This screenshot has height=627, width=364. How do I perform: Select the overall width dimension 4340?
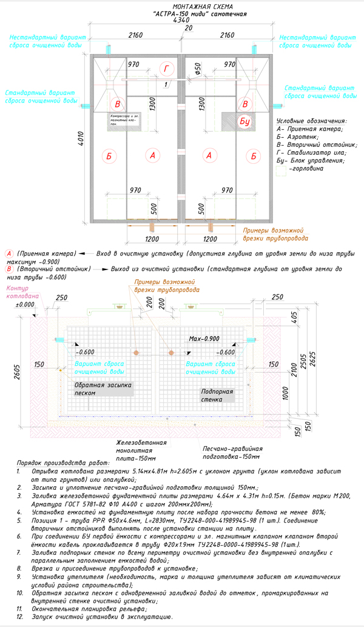pos(181,20)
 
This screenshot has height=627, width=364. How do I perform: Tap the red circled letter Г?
pos(167,67)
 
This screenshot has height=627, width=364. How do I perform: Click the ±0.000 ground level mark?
pos(25,304)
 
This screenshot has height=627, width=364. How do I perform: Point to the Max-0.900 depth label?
pos(203,338)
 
